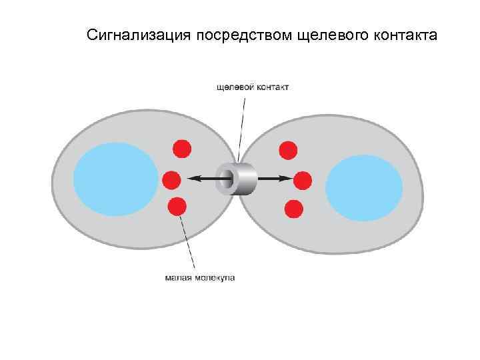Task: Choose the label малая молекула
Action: tap(200, 277)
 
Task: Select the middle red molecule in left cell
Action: tap(171, 179)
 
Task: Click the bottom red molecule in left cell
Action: tap(177, 207)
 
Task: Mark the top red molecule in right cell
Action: tap(288, 150)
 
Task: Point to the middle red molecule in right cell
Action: tap(303, 179)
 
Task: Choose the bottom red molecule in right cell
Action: tap(293, 209)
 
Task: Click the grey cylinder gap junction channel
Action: tap(238, 179)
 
